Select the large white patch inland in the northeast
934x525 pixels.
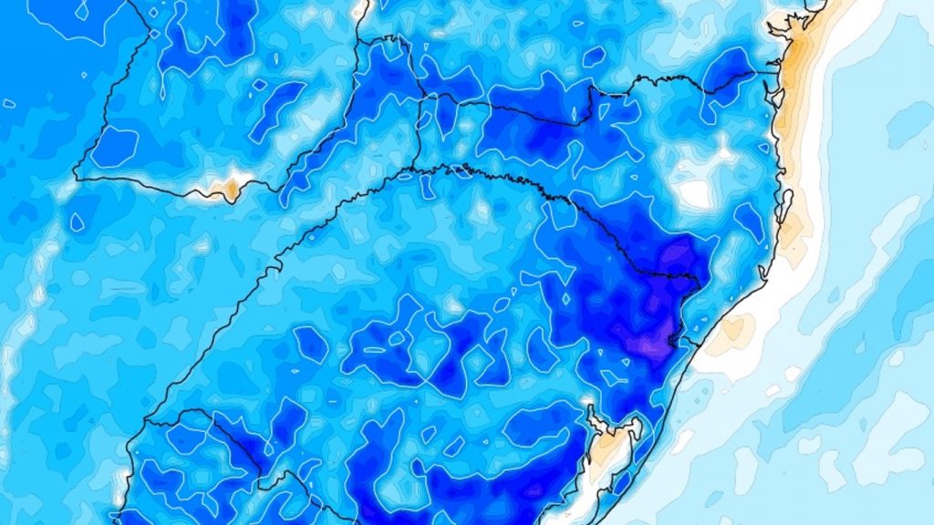pos(695,192)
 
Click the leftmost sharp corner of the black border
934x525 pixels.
pos(76,179)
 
